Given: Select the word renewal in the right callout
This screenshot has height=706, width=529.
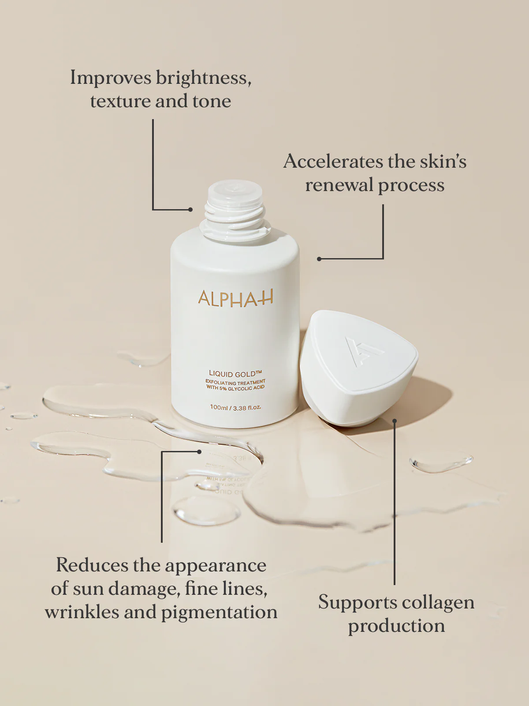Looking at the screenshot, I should pyautogui.click(x=339, y=185).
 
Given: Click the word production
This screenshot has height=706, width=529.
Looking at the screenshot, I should pyautogui.click(x=396, y=626).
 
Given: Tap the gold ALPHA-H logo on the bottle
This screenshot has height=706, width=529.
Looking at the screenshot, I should pyautogui.click(x=235, y=299).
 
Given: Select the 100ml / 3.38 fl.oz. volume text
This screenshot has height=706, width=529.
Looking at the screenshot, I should pyautogui.click(x=235, y=407).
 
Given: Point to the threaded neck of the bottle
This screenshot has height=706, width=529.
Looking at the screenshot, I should pyautogui.click(x=235, y=212).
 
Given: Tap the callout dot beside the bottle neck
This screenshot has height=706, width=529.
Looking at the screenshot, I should pyautogui.click(x=190, y=210).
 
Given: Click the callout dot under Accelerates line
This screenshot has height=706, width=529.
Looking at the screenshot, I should pyautogui.click(x=319, y=259).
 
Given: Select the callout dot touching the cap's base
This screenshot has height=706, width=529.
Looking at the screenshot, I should pyautogui.click(x=395, y=421).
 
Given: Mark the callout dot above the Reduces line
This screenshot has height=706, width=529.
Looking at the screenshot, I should pyautogui.click(x=200, y=452).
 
